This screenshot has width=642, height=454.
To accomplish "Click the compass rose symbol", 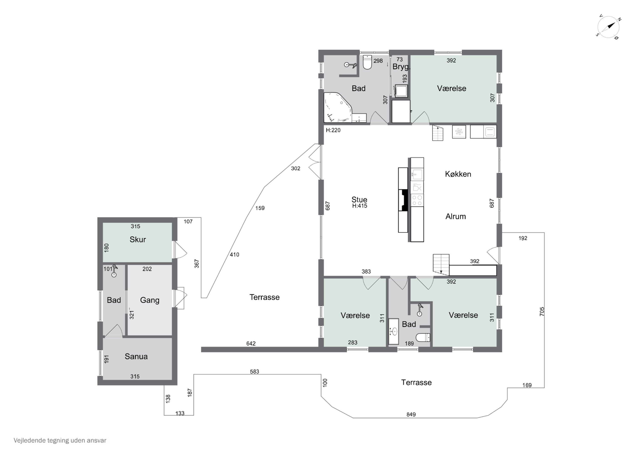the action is point(608,27).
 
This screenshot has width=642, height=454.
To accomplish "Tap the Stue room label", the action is point(359,199).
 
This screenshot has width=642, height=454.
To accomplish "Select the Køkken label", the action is point(458,174).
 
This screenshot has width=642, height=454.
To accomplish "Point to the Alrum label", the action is point(455,216).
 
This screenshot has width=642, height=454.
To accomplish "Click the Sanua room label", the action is point(136,356).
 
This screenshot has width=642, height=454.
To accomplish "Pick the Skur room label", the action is point(138,240).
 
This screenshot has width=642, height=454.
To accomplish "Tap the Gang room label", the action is point(150,300).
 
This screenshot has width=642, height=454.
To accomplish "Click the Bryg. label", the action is point(401,67).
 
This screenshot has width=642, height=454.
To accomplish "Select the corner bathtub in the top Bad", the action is point(338,107).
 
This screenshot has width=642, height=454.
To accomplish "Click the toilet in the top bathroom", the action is point(367,62).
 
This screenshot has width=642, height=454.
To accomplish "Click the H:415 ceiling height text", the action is point(360,206).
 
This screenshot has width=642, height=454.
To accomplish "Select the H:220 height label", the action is point(333,130).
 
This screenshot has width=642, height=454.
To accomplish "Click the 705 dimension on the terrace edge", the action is point(542,312).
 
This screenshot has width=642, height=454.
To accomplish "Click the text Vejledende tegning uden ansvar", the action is point(60,441).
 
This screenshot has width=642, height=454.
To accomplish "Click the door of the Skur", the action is point(180,250).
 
